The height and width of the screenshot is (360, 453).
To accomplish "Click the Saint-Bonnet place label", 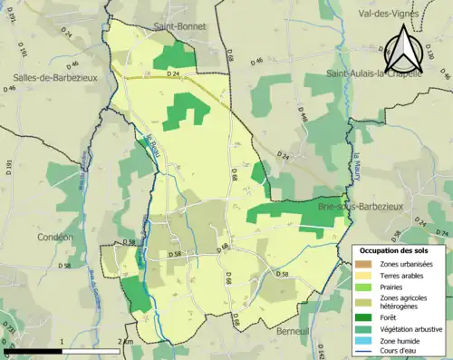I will (178, 28).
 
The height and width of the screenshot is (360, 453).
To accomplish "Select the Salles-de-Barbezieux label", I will (49, 78).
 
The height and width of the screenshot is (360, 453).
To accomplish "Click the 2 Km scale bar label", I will (126, 341).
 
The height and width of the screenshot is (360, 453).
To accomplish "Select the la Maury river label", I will (356, 164).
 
